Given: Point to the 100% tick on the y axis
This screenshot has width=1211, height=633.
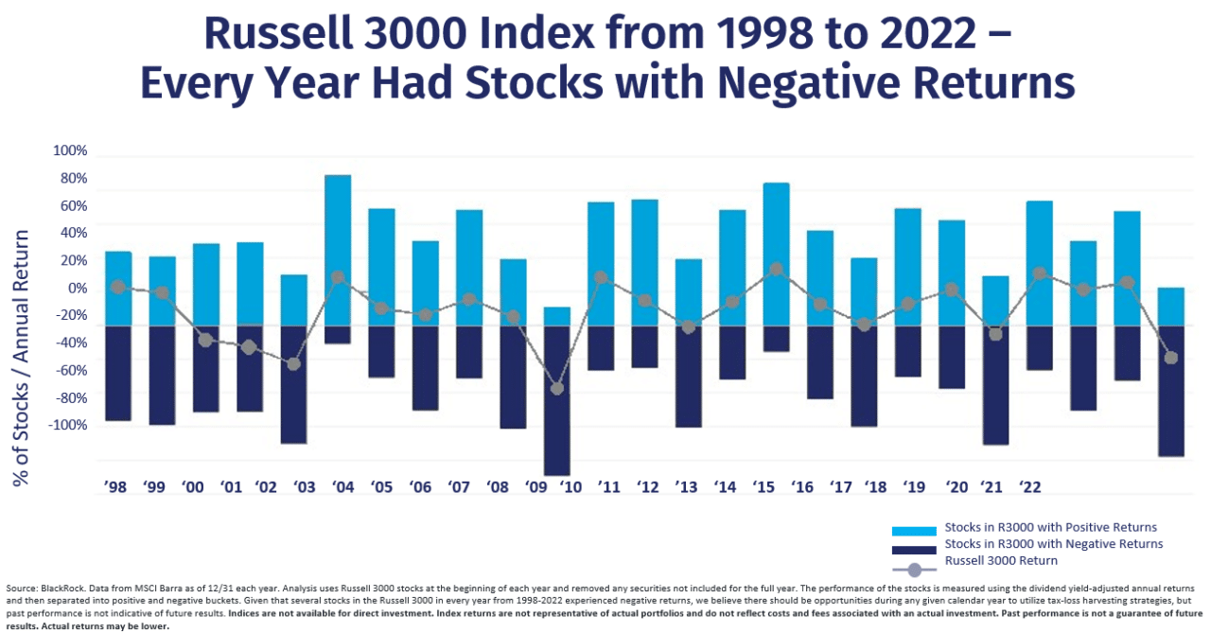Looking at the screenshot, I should (x=69, y=150).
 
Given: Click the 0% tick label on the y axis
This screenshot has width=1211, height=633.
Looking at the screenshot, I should (x=75, y=288).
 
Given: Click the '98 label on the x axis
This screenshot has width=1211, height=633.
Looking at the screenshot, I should (x=114, y=487).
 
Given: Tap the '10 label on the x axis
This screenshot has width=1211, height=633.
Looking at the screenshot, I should (x=570, y=487).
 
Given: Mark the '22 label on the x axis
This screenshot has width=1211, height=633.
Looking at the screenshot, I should (x=1029, y=487).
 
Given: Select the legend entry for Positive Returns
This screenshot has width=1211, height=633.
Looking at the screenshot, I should (x=1050, y=527).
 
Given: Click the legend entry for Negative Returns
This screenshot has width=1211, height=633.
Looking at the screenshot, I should (x=1053, y=544).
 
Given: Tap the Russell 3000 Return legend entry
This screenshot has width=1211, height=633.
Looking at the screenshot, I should (x=1001, y=560).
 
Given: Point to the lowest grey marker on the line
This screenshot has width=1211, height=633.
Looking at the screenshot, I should (x=556, y=389).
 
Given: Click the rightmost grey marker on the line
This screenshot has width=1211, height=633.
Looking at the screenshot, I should (x=1170, y=358).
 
